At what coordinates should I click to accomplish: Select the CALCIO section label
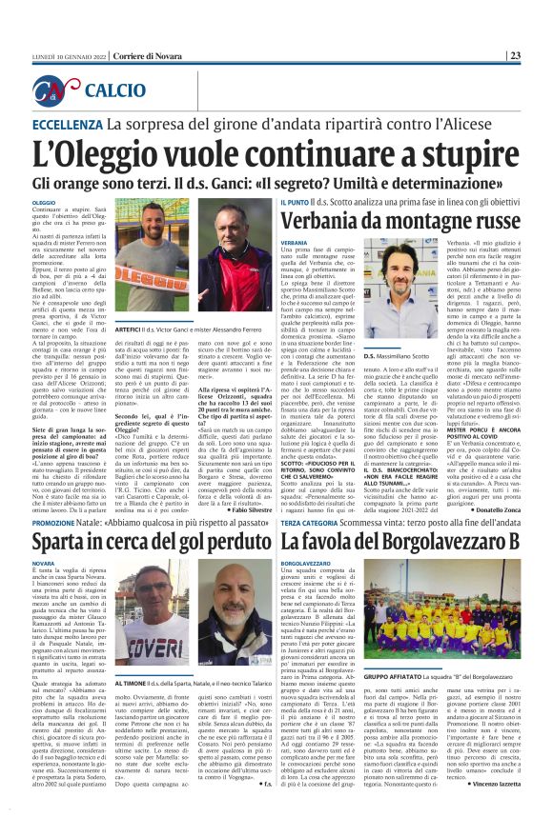click(x=115, y=91)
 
